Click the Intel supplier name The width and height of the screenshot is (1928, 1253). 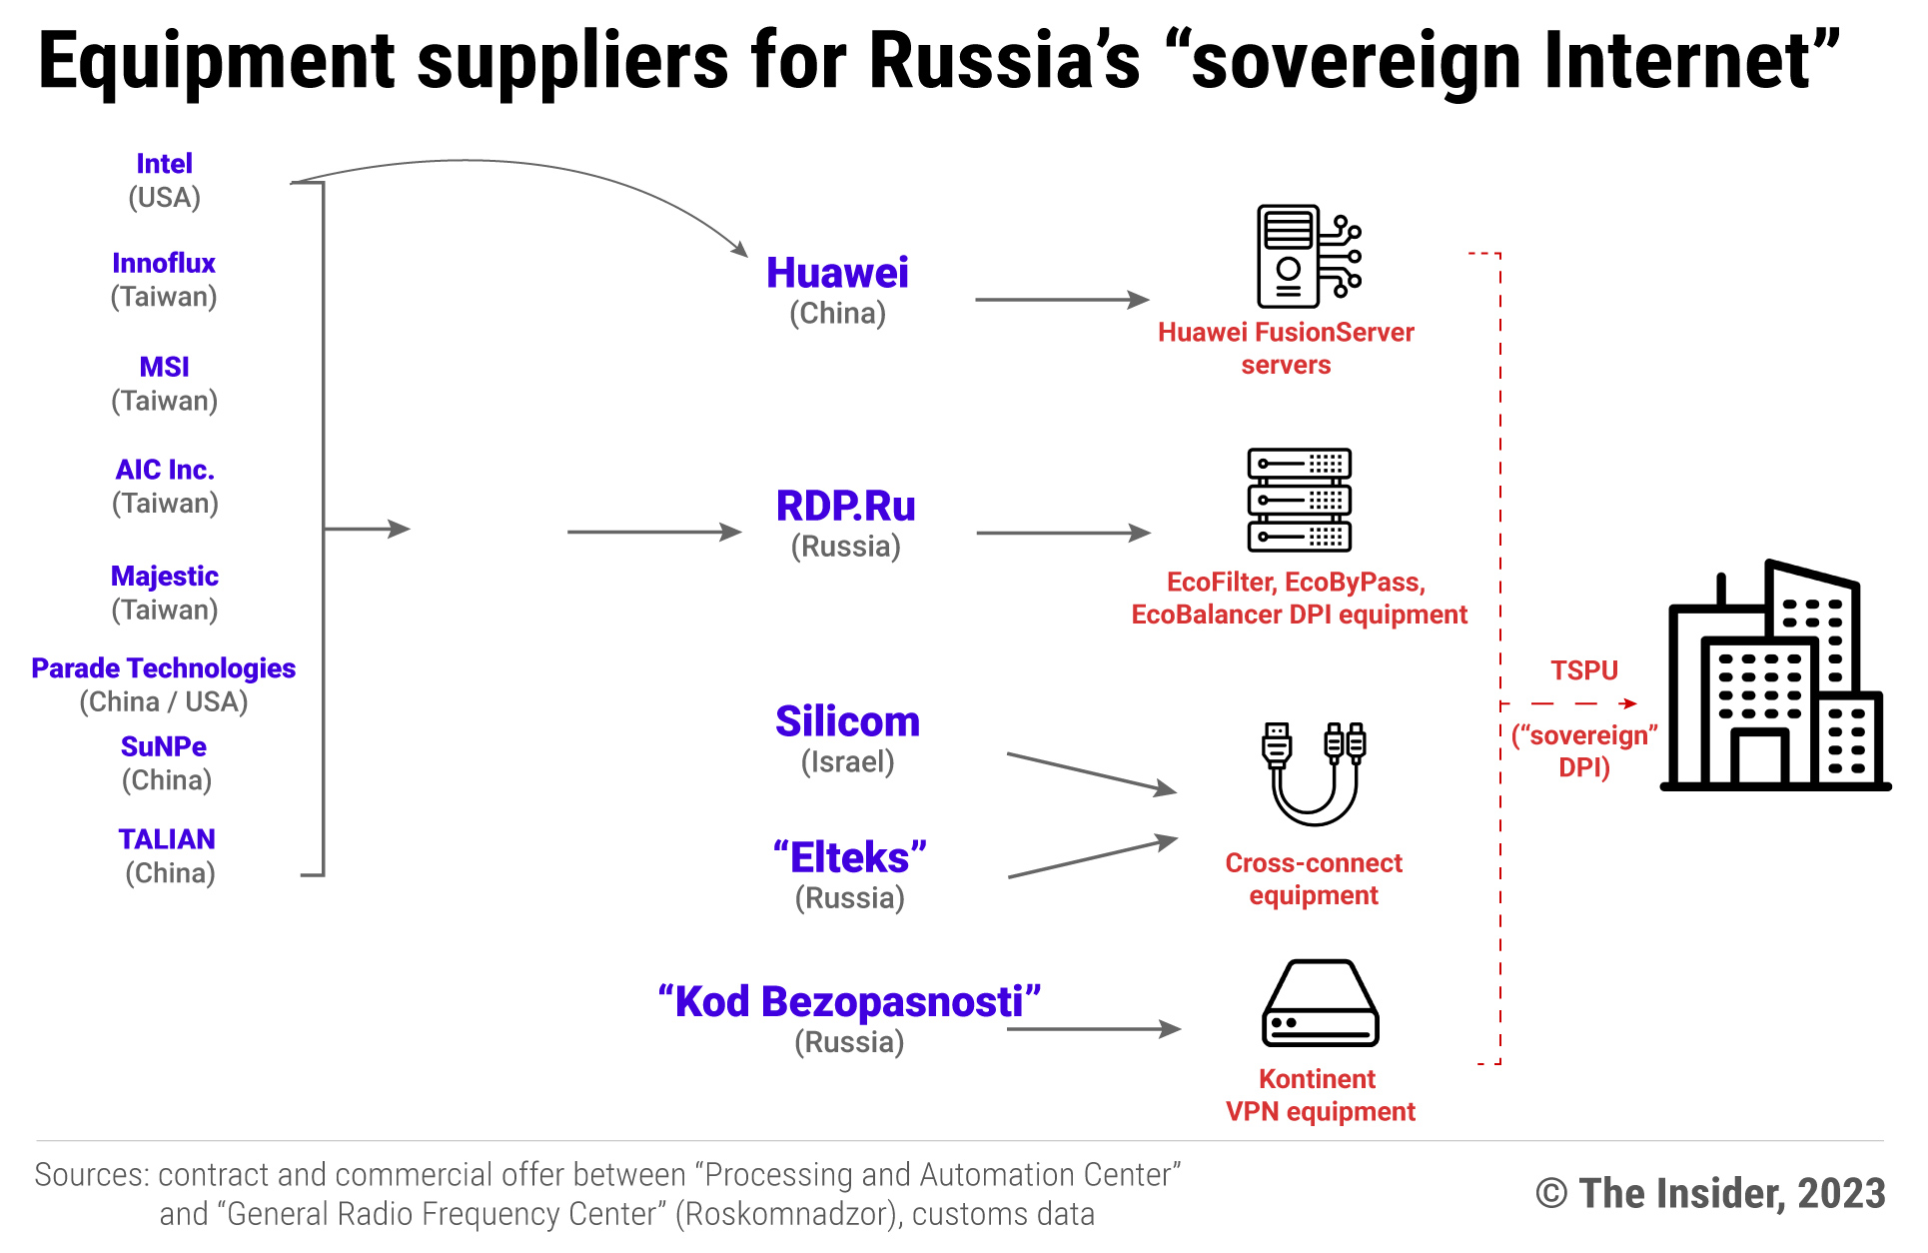click(x=164, y=164)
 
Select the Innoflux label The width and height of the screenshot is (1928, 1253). click(x=164, y=264)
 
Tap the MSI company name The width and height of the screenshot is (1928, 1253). click(x=164, y=368)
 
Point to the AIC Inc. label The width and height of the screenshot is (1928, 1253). click(x=165, y=470)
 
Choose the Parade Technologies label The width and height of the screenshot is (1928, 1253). click(x=163, y=668)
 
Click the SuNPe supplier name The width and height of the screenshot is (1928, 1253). click(x=164, y=747)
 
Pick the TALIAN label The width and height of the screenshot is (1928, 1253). click(x=167, y=839)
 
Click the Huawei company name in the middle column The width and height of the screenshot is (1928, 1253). click(x=837, y=273)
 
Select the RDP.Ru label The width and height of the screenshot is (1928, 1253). click(x=845, y=507)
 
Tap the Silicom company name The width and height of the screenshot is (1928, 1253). click(x=847, y=721)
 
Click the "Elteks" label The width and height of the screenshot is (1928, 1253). click(x=849, y=857)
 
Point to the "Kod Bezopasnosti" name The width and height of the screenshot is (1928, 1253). click(x=849, y=1001)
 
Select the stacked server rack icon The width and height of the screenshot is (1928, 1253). click(x=1299, y=500)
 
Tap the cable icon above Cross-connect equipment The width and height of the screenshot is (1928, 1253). click(x=1314, y=771)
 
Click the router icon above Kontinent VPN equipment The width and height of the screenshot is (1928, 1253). click(x=1320, y=1003)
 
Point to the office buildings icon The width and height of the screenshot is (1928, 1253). click(x=1774, y=679)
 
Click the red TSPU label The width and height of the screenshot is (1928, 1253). click(x=1583, y=670)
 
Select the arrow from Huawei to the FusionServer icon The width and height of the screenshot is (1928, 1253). click(x=1061, y=299)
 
